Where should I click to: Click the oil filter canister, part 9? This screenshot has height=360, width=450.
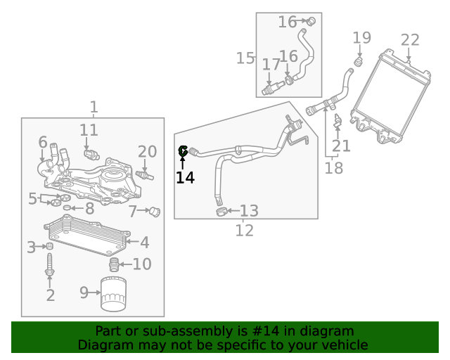tap(112, 294)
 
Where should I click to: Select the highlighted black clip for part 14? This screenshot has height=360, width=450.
tap(184, 150)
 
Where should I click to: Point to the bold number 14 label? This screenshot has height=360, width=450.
tap(185, 177)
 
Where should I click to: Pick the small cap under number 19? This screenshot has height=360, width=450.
tap(357, 63)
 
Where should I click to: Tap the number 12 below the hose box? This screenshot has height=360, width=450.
tap(244, 230)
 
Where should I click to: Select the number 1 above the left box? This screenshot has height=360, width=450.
tap(94, 107)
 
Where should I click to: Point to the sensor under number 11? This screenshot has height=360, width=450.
tap(89, 153)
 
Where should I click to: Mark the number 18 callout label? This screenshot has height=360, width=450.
tap(334, 168)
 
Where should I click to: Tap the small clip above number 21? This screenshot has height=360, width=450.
tap(338, 121)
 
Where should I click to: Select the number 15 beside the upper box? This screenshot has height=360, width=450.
tap(245, 58)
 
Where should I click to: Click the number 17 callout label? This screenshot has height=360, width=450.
tap(271, 65)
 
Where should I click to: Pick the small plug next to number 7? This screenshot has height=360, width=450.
tap(155, 211)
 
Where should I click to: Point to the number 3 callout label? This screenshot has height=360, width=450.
tap(31, 247)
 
